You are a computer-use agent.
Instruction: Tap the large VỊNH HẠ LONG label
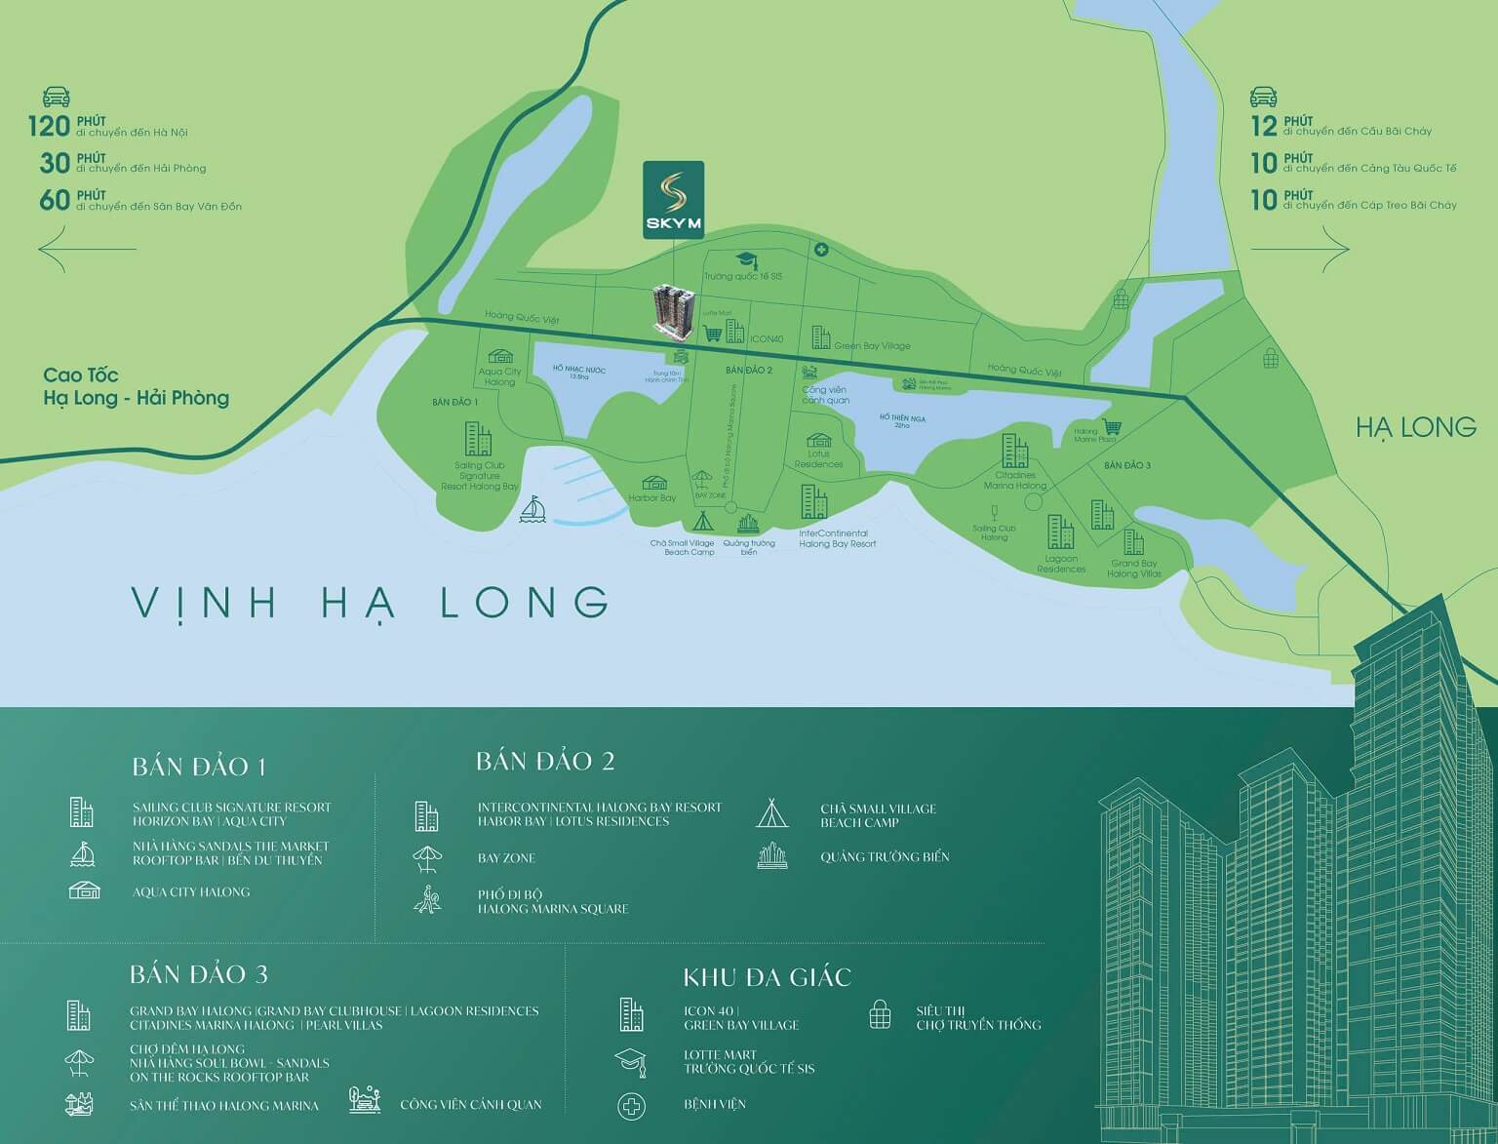click(370, 603)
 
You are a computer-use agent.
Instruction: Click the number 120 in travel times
click(49, 126)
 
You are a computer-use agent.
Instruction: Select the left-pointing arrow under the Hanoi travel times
click(87, 249)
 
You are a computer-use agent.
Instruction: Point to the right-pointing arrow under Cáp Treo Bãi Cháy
click(1300, 249)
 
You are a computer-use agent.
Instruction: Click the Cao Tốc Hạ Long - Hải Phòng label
click(136, 387)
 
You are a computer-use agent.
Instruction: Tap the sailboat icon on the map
click(532, 510)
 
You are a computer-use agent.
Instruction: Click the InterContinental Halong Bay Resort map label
click(837, 538)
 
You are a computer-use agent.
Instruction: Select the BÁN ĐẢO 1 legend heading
click(199, 767)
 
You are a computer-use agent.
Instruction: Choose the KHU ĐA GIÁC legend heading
click(767, 977)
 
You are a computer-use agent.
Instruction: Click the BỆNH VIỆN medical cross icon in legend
click(631, 1105)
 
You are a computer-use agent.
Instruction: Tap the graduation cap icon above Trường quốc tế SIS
click(746, 259)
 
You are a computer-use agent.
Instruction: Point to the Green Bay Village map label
click(871, 346)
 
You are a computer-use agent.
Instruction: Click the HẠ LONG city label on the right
click(1415, 426)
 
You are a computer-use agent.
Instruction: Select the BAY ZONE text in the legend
click(506, 858)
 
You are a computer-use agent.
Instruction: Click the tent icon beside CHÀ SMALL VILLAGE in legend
click(770, 813)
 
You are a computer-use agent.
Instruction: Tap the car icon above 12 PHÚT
click(1264, 97)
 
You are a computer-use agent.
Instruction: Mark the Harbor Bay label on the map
click(651, 498)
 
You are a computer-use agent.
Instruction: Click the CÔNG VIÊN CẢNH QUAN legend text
click(470, 1105)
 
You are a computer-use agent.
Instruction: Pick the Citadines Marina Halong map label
click(1014, 480)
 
